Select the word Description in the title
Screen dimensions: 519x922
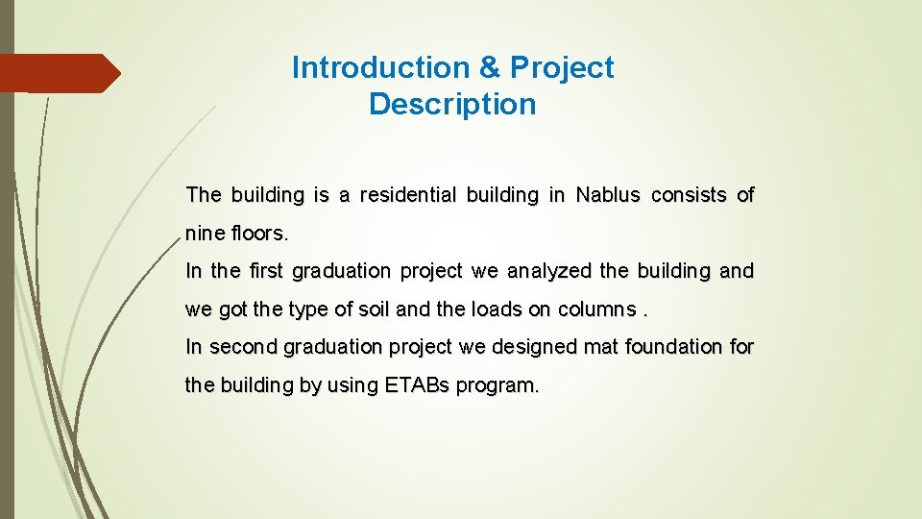452,104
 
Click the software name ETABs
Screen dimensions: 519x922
418,386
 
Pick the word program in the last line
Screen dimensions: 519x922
497,386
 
